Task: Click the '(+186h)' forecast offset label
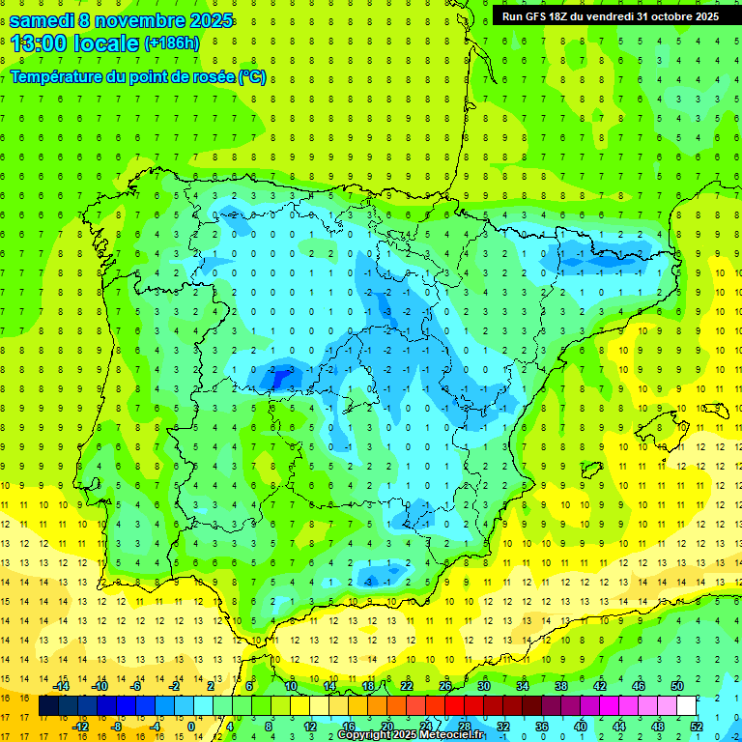tap(171, 43)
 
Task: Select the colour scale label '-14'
tap(61, 686)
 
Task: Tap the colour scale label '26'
tap(445, 686)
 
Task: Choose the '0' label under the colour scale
tap(191, 727)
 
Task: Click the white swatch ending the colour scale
tap(686, 706)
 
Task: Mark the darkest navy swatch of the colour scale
tap(48, 706)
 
